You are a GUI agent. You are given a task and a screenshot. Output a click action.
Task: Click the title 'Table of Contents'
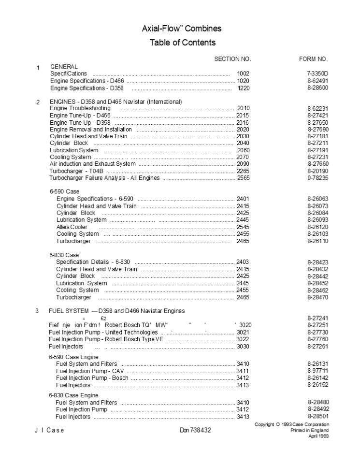182,43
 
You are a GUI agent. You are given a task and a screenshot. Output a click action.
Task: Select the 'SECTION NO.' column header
232,59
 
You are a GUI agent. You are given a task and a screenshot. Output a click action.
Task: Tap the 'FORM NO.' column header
314,59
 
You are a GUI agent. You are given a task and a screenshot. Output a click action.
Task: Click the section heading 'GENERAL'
64,66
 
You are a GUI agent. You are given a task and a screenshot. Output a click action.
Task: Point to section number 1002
244,73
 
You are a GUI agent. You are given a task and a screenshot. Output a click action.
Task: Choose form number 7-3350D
317,73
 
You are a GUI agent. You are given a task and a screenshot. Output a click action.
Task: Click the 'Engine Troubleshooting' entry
80,108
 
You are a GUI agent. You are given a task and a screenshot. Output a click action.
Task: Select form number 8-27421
317,116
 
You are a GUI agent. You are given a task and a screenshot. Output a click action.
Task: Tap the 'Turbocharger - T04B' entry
77,171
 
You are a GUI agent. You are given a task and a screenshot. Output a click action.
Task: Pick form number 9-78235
317,178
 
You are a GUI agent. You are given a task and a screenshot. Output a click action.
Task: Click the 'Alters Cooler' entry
72,227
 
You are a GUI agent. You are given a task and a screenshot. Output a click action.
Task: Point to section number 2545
243,227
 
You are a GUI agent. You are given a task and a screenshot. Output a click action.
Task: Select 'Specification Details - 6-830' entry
93,262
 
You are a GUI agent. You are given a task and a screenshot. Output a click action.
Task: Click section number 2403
243,262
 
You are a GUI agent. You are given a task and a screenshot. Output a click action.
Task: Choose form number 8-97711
317,370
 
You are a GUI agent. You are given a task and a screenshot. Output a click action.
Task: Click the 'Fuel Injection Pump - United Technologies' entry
103,333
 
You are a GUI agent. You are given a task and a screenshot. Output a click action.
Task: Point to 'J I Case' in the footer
49,430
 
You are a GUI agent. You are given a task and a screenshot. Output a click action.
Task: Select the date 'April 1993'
318,436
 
